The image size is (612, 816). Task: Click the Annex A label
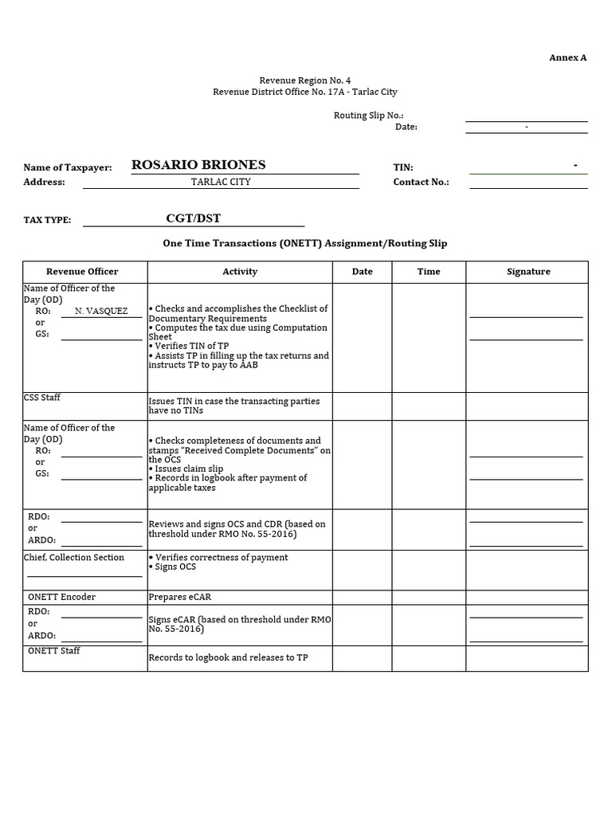pos(567,57)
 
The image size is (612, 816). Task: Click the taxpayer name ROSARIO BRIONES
pos(198,165)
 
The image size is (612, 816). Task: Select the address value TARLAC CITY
pos(221,182)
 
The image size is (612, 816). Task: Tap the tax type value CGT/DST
pos(193,218)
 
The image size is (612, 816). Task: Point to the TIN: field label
pos(403,167)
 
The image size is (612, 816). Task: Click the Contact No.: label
pos(421,182)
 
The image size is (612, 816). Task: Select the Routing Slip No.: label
pos(368,116)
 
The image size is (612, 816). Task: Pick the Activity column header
pos(240,272)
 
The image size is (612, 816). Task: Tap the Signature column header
pos(528,272)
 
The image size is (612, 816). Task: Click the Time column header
pos(429,272)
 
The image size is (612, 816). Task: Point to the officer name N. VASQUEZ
pos(101,311)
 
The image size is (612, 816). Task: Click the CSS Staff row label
pos(42,397)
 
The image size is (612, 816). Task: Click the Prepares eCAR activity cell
pos(180,597)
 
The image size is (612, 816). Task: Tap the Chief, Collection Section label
pos(74,557)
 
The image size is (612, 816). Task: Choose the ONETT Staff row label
pos(53,650)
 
